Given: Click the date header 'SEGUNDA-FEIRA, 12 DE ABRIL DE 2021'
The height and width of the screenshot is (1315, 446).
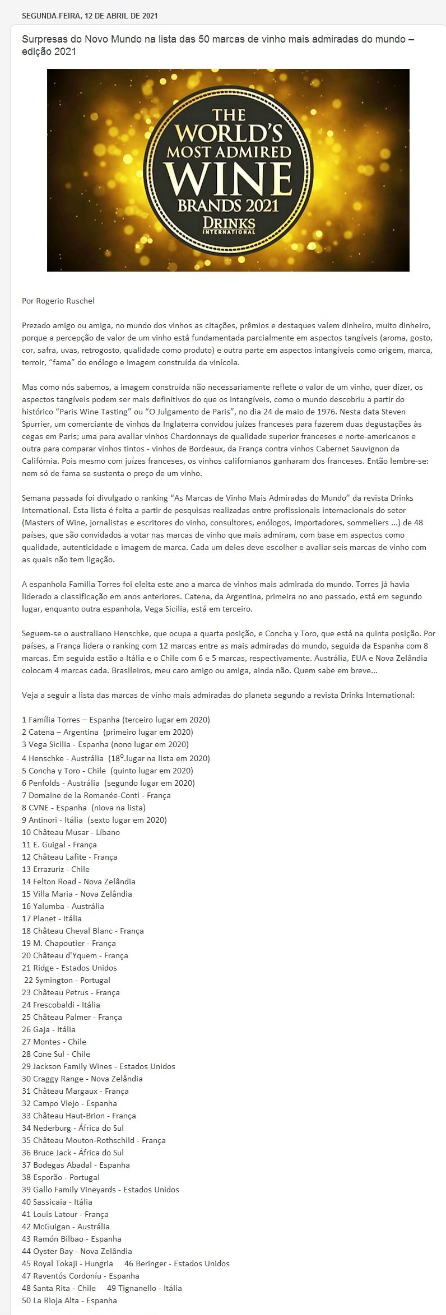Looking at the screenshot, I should [89, 16].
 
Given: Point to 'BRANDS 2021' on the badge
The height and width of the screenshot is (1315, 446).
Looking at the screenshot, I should [228, 205].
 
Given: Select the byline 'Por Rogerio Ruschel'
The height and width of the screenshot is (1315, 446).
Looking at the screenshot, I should [58, 301].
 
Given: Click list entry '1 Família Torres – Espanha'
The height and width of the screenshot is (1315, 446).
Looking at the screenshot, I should [115, 720].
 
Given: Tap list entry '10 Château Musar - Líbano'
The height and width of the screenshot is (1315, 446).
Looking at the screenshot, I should [71, 832].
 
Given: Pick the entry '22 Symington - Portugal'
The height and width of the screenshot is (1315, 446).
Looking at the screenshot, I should [67, 980].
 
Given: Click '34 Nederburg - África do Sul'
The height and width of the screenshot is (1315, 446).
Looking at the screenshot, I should [72, 1128].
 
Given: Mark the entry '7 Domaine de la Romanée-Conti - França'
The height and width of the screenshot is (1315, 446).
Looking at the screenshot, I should [96, 795].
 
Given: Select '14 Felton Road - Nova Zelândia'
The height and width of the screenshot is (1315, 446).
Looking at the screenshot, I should [78, 882].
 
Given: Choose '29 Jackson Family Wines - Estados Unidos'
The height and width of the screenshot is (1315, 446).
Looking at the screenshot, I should [98, 1066].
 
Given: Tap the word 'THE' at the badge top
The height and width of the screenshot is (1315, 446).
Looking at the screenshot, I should [229, 115].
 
